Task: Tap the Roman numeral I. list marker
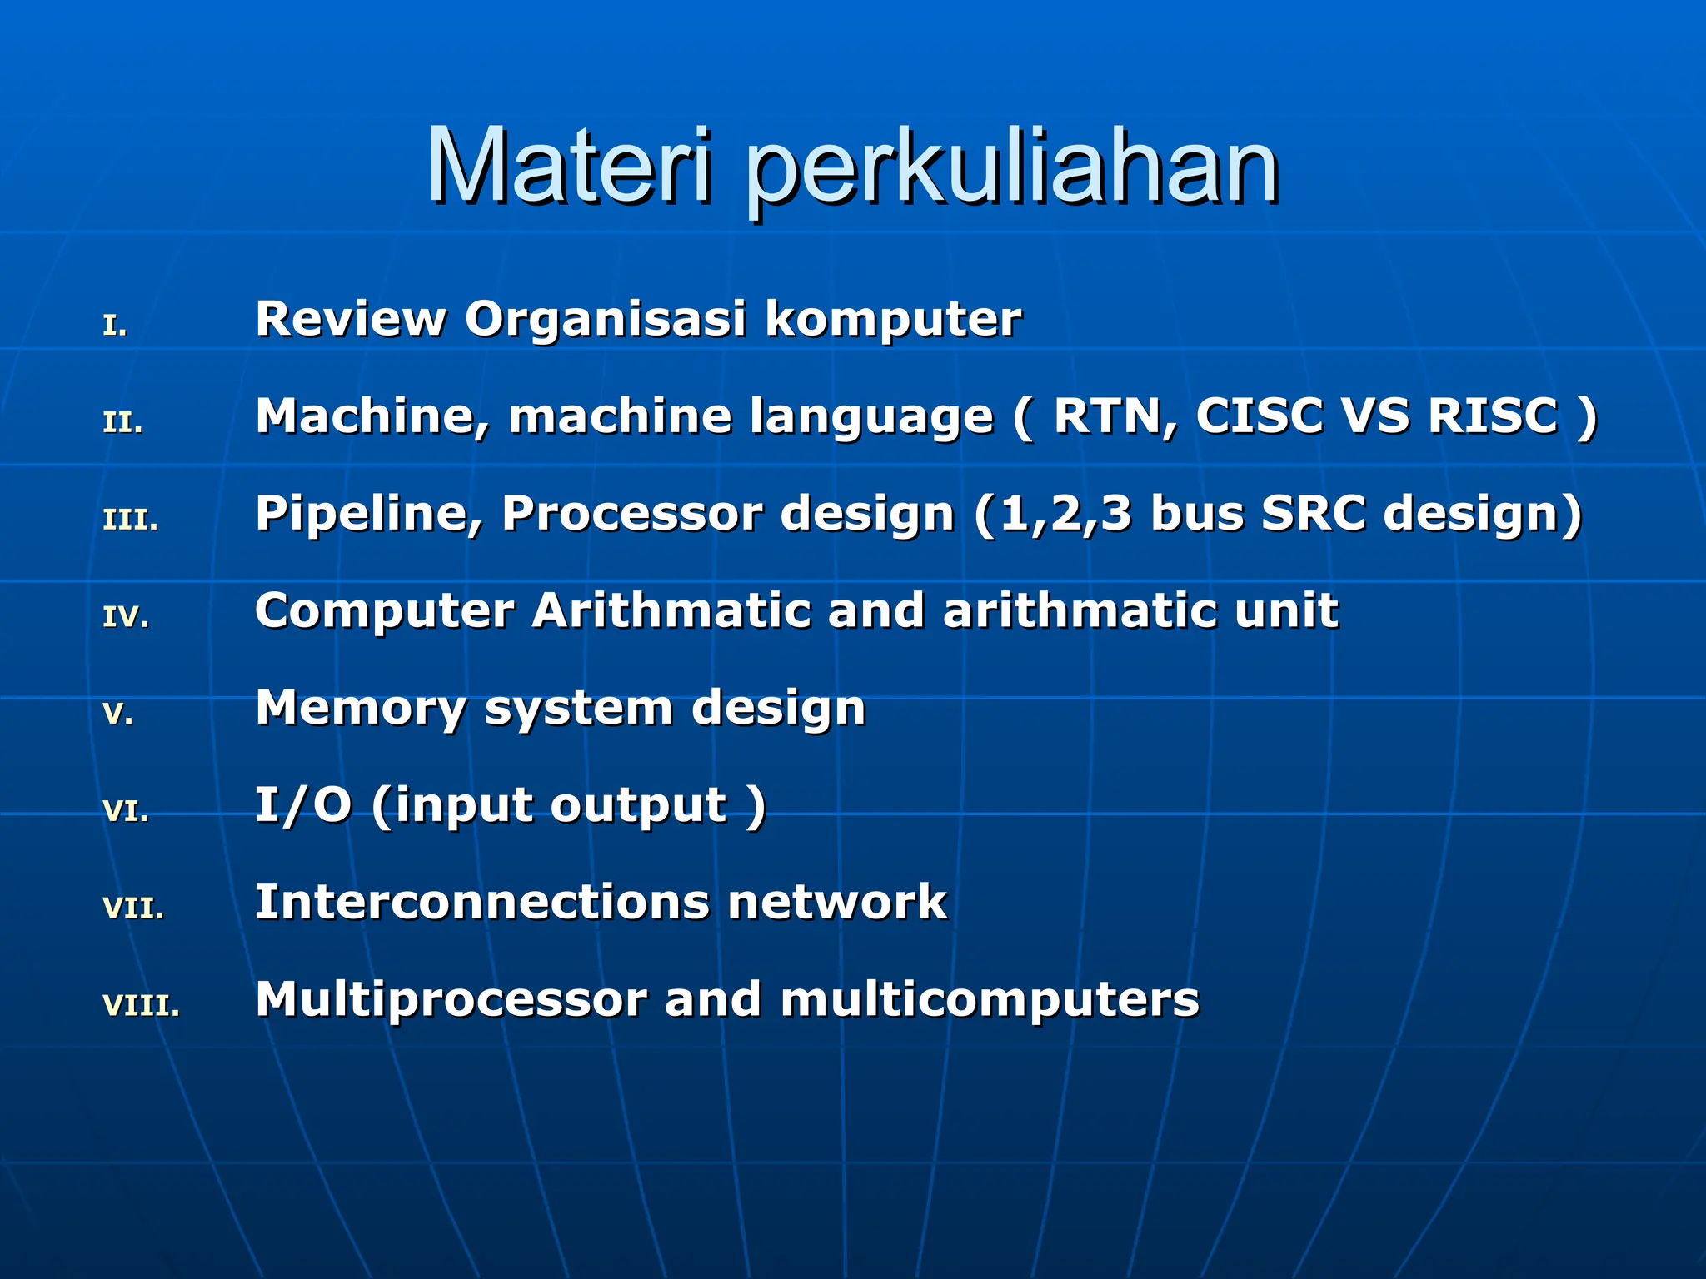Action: click(x=115, y=326)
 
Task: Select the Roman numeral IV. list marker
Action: click(x=126, y=617)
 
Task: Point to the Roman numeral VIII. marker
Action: click(x=141, y=1005)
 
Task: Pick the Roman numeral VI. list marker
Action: click(x=126, y=811)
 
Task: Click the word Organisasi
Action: click(x=605, y=320)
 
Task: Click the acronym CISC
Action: click(x=1260, y=416)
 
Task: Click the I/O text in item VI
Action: click(x=302, y=805)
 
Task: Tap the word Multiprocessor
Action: click(x=451, y=1001)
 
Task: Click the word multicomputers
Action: click(x=990, y=1000)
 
